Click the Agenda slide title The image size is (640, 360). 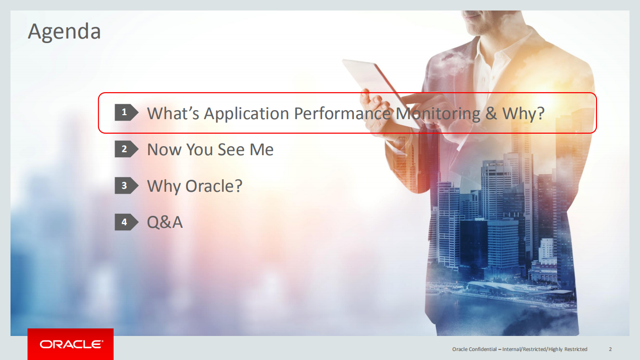(64, 32)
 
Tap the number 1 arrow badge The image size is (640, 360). (126, 113)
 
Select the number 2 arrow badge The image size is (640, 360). (126, 149)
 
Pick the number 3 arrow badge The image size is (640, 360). (126, 186)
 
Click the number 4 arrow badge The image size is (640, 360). (126, 222)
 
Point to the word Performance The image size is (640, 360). (342, 114)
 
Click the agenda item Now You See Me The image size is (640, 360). (210, 150)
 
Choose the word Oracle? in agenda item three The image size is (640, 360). (214, 186)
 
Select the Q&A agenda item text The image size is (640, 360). (165, 222)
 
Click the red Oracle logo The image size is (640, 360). (71, 344)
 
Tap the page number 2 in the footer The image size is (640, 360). (610, 349)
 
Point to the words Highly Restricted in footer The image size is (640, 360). (568, 349)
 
